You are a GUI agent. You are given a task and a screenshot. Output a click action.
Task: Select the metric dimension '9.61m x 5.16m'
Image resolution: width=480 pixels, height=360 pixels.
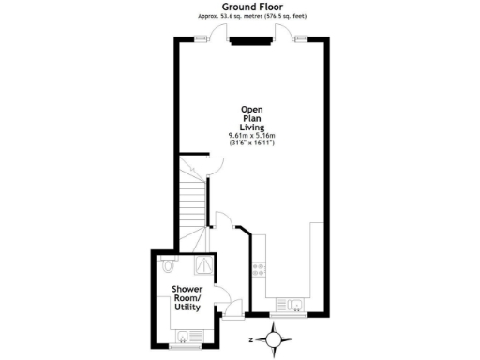click(x=251, y=137)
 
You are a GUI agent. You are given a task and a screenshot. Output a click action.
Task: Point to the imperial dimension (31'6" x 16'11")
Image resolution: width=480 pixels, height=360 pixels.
click(x=251, y=144)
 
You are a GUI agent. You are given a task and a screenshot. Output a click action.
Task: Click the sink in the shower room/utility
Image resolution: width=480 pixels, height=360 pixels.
click(x=184, y=333)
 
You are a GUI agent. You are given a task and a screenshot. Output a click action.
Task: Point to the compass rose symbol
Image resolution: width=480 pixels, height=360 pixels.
click(x=272, y=338)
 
